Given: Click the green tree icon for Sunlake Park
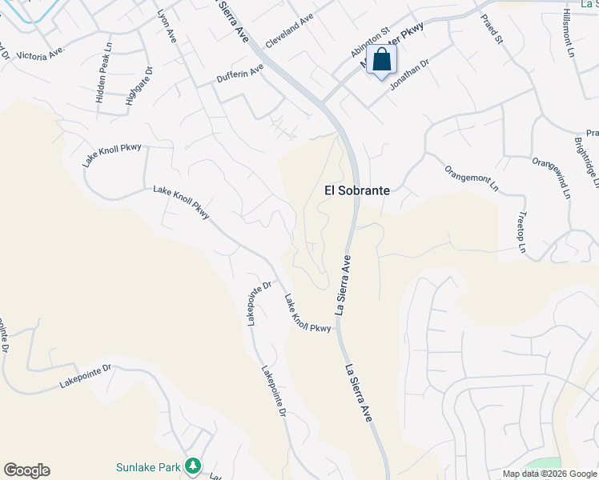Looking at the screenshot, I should pyautogui.click(x=192, y=466).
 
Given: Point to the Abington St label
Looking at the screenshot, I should pyautogui.click(x=368, y=41).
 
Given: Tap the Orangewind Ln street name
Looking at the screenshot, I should pyautogui.click(x=552, y=177).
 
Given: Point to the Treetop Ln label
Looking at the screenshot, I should pyautogui.click(x=521, y=233).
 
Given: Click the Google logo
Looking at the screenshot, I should pyautogui.click(x=26, y=470).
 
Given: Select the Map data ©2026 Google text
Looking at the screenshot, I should pyautogui.click(x=549, y=474).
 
